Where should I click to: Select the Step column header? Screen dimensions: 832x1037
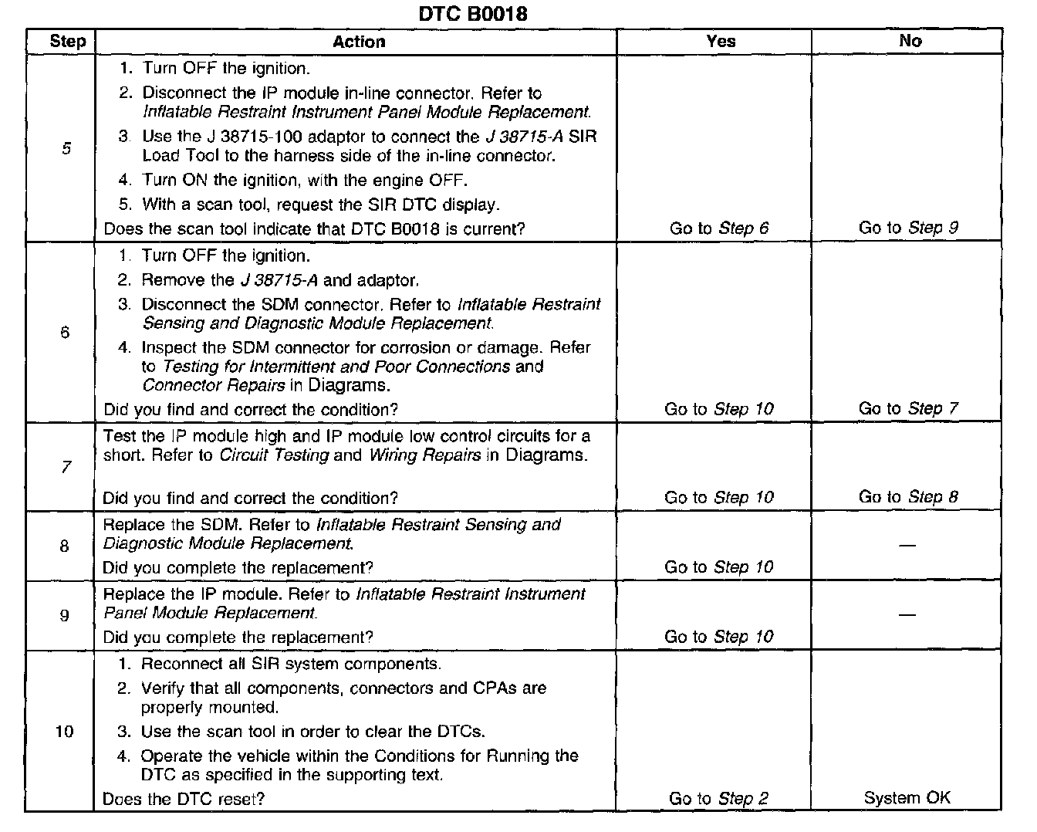[x=67, y=42]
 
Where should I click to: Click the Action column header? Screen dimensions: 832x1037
[x=359, y=42]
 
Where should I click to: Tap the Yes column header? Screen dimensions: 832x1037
[x=721, y=42]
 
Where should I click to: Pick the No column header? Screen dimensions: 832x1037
[x=910, y=41]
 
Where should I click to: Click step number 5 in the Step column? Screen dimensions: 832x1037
[x=66, y=148]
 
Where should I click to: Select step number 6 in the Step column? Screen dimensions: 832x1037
[x=65, y=333]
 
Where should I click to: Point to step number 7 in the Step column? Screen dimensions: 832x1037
[x=66, y=467]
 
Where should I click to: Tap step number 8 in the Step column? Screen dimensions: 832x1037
[x=65, y=546]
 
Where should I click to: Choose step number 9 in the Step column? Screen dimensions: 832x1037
[x=65, y=615]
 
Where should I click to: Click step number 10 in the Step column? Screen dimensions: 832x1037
[x=65, y=731]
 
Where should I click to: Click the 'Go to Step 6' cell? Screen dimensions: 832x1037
[x=719, y=228]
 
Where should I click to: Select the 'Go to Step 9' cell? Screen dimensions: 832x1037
[x=908, y=228]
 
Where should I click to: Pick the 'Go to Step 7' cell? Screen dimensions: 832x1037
[x=908, y=408]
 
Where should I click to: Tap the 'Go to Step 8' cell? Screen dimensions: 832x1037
[x=908, y=497]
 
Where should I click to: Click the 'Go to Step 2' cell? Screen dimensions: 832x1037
[x=718, y=799]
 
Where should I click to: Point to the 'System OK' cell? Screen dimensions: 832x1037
[x=907, y=798]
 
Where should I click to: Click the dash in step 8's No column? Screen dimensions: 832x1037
[x=907, y=546]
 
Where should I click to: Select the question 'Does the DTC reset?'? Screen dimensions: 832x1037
[x=184, y=799]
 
